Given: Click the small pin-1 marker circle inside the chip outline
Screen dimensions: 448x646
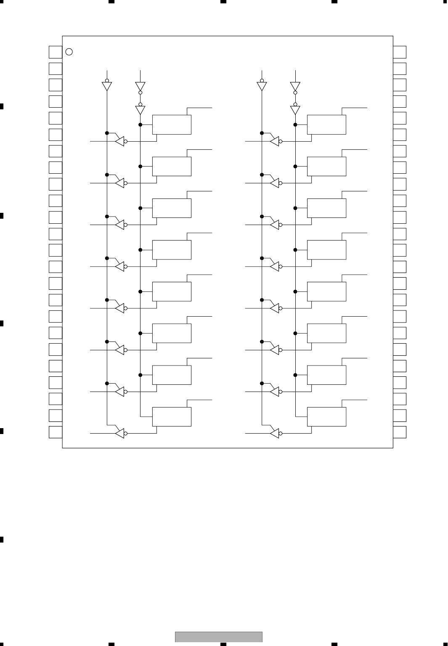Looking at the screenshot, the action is coord(70,52).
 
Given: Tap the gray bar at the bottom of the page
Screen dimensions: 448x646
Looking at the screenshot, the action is coord(219,637).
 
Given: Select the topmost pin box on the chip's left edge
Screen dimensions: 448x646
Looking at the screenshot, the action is coord(56,52).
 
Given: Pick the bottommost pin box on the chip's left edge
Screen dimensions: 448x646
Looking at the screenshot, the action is coord(56,432).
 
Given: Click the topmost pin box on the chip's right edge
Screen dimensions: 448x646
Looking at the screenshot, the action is coord(400,52).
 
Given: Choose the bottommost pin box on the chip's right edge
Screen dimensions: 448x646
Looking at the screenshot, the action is coord(400,432).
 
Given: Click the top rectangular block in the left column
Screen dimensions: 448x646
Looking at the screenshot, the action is coord(172,124).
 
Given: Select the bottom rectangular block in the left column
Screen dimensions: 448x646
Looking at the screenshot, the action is coord(172,416).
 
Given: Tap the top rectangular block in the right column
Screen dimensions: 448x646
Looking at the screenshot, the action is coord(326,124).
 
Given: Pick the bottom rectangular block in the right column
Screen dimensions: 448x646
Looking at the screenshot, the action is coord(326,416).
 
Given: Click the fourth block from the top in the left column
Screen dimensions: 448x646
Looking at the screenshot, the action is coord(172,250).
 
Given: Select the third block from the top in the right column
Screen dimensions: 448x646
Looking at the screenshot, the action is coord(326,208).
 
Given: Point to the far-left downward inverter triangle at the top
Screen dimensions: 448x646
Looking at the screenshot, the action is coord(107,86).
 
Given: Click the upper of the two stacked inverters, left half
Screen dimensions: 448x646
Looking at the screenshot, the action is coord(140,86).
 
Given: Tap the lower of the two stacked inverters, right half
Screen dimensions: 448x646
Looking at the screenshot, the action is coord(295,110).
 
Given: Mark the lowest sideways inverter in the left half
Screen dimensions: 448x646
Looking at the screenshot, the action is coord(120,433).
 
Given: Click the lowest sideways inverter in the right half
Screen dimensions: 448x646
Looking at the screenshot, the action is coord(275,433).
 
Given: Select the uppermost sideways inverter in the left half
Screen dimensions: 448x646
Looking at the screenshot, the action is coord(120,141).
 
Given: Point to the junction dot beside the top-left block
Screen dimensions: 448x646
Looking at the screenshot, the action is coord(140,124).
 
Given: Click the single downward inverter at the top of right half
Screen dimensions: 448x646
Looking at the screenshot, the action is coord(262,86).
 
